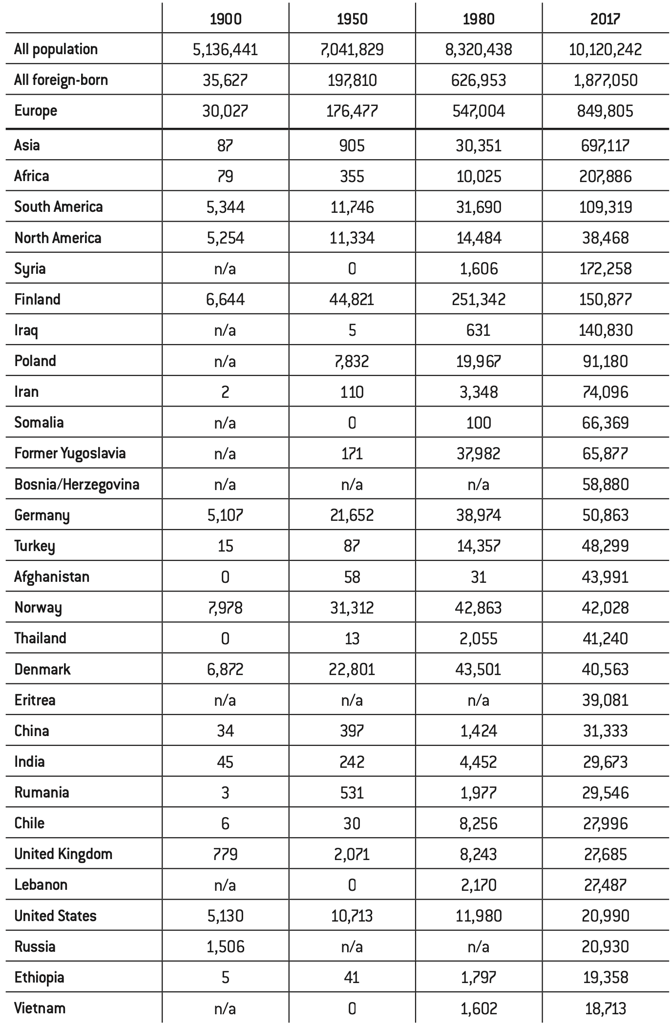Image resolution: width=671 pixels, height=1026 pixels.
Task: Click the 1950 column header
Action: pyautogui.click(x=352, y=19)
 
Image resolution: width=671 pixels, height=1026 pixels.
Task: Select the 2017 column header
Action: pyautogui.click(x=605, y=19)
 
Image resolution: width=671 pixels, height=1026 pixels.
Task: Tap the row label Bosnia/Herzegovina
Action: pyautogui.click(x=77, y=485)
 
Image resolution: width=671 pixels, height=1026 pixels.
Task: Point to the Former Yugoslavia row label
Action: pyautogui.click(x=70, y=453)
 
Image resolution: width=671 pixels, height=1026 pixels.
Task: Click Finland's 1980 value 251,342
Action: pyautogui.click(x=479, y=299)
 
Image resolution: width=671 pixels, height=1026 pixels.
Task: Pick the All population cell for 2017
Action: pyautogui.click(x=605, y=49)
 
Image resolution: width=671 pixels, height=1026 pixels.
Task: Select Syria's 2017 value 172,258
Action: pyautogui.click(x=605, y=268)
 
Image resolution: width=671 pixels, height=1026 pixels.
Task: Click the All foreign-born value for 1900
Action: pyautogui.click(x=225, y=80)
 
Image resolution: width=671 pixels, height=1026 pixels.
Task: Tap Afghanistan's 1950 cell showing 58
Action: pyautogui.click(x=352, y=577)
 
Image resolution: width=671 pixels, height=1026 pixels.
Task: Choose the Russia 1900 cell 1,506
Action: pyautogui.click(x=225, y=947)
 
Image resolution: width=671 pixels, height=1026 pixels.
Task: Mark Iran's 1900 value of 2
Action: pyautogui.click(x=225, y=392)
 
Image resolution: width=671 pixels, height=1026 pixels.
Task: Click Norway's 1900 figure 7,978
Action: pyautogui.click(x=225, y=608)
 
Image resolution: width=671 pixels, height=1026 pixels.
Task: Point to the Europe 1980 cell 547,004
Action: pyautogui.click(x=479, y=111)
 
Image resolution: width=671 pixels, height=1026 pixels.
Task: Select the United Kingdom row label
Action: pyautogui.click(x=63, y=854)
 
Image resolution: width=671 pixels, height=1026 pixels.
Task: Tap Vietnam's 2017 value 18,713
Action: pyautogui.click(x=605, y=1008)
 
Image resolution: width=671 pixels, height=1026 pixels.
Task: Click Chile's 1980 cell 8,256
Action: pyautogui.click(x=479, y=823)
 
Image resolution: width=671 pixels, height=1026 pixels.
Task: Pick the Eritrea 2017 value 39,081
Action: pyautogui.click(x=605, y=700)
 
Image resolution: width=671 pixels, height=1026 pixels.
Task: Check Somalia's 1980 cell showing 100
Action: pyautogui.click(x=479, y=423)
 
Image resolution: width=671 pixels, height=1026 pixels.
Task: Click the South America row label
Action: pyautogui.click(x=58, y=207)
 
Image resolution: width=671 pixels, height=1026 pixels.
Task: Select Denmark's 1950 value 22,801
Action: pyautogui.click(x=352, y=669)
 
